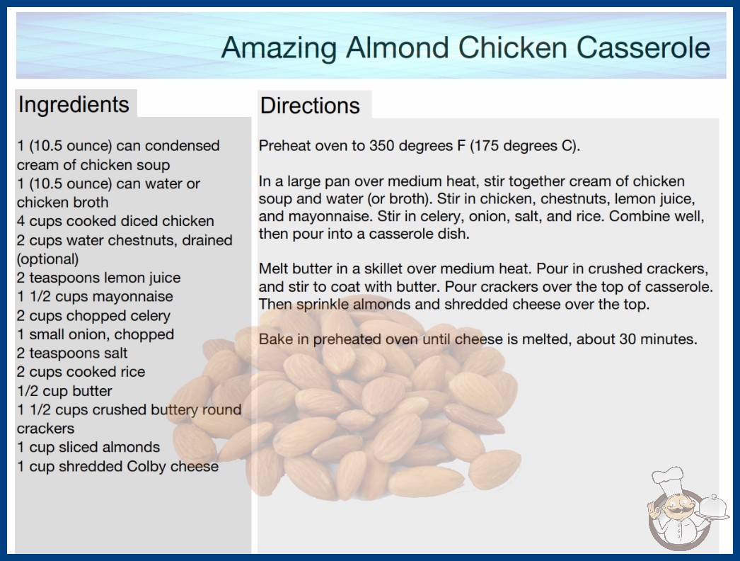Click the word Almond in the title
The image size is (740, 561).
(x=398, y=47)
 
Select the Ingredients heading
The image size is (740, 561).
(x=74, y=105)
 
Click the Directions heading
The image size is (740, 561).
(x=310, y=106)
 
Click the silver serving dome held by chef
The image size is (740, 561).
(x=714, y=508)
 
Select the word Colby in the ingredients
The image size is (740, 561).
(x=146, y=467)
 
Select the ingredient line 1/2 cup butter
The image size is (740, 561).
(x=64, y=391)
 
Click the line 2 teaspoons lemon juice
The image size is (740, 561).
(x=98, y=278)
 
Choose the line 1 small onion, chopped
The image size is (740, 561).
(x=96, y=334)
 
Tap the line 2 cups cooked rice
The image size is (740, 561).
(x=81, y=372)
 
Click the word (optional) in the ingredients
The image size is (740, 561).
(x=47, y=259)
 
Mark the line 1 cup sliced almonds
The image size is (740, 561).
(x=88, y=447)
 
